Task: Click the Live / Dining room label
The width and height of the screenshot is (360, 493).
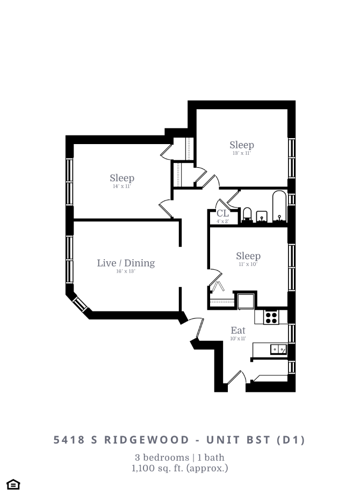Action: (x=126, y=263)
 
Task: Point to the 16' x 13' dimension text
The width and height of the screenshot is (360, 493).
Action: (x=126, y=271)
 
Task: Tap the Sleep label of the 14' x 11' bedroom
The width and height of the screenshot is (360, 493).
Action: (x=122, y=178)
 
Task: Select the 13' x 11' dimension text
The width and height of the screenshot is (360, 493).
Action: (x=242, y=153)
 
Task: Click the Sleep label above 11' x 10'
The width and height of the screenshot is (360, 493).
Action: (x=248, y=256)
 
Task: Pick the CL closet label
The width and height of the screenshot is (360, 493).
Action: (x=222, y=213)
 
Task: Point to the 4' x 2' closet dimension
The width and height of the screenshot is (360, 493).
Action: (x=222, y=221)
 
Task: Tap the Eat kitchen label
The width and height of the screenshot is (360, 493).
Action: (x=238, y=330)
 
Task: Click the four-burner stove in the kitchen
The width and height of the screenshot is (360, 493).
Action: (x=271, y=317)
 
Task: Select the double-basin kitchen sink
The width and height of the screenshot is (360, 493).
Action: (x=278, y=349)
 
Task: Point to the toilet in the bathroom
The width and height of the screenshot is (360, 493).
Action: (x=248, y=215)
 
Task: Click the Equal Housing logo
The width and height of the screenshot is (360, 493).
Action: (x=14, y=484)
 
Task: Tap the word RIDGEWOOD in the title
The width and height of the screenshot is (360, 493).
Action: (x=139, y=440)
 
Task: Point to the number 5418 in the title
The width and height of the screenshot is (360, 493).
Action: (x=69, y=440)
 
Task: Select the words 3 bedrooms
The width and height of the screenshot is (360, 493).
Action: (x=156, y=458)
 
